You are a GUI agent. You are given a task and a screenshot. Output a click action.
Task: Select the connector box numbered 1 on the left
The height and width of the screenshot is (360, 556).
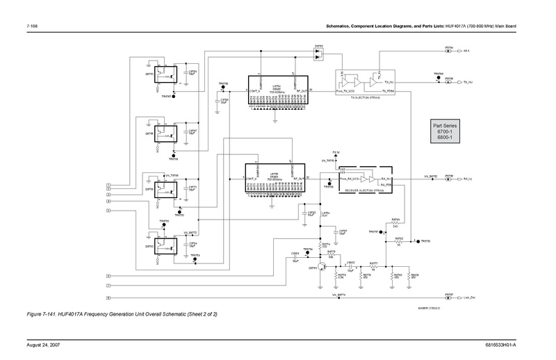click(x=108, y=184)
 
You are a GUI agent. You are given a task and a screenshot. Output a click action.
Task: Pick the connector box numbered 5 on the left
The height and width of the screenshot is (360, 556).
click(x=108, y=209)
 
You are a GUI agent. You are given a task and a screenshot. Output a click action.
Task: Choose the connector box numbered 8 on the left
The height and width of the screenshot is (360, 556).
click(x=108, y=297)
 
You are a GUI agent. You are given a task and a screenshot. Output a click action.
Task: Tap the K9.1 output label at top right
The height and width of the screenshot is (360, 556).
click(x=467, y=51)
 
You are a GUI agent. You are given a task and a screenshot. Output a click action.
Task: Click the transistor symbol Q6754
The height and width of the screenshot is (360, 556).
click(x=322, y=265)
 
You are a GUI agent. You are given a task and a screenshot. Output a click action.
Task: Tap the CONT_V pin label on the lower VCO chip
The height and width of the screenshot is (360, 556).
click(x=252, y=179)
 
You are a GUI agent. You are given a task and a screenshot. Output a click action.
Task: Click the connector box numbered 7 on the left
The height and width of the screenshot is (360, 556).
click(x=108, y=286)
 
